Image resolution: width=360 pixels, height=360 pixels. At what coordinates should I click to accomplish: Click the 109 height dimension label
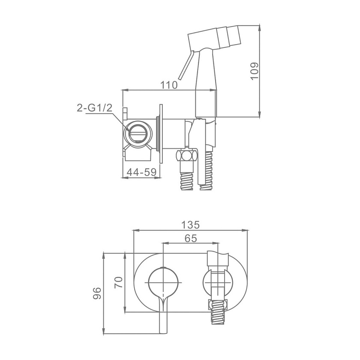[255, 71]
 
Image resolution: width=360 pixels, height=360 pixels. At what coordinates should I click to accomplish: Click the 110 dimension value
[169, 85]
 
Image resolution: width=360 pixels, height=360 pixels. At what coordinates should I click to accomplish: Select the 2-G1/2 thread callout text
[95, 108]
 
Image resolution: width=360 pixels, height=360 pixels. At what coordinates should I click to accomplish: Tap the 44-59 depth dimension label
[141, 172]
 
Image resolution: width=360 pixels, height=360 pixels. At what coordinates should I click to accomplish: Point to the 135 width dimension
[190, 225]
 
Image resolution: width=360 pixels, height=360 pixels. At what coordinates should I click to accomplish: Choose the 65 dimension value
[191, 238]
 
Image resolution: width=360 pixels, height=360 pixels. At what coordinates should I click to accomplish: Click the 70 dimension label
[119, 282]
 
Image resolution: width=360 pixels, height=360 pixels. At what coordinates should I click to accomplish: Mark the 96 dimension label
[97, 293]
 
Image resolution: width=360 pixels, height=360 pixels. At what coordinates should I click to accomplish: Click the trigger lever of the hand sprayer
[186, 65]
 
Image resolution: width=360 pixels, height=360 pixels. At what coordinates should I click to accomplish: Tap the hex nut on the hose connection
[186, 156]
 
